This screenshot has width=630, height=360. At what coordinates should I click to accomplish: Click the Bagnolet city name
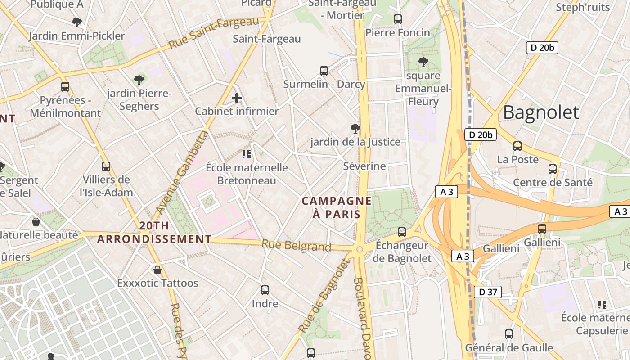pos(540,112)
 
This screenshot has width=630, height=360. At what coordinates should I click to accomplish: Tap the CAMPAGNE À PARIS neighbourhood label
pos(337,207)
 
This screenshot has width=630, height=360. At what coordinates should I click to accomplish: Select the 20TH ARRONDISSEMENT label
pos(154,232)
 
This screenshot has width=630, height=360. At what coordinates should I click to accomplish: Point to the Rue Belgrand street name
pos(296,246)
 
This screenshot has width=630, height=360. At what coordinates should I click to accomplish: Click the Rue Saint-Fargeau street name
pos(214,33)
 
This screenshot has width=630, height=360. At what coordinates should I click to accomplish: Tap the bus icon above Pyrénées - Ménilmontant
pos(65,87)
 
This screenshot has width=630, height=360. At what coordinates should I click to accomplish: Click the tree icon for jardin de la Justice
pos(355,129)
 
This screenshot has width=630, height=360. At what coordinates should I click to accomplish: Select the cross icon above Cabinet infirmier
pos(237,98)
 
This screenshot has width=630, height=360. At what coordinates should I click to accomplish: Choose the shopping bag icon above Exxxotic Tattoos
pos(157,270)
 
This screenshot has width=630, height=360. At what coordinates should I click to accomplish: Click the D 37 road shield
pos(488,292)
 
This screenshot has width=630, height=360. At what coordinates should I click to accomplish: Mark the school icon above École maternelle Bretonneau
pos(247,154)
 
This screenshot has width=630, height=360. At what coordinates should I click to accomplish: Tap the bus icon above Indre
pos(265,290)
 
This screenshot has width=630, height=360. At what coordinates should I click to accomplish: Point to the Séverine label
pos(364,166)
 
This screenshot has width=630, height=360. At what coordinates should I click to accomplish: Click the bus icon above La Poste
pos(517,146)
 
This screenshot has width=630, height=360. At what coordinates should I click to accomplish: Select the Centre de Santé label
pos(553,183)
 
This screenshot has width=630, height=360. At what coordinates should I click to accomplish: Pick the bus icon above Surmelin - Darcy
pos(324,71)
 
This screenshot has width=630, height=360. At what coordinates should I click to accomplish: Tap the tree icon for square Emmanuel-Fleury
pos(423,62)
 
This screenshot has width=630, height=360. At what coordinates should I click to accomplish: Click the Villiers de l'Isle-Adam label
pos(107,186)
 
